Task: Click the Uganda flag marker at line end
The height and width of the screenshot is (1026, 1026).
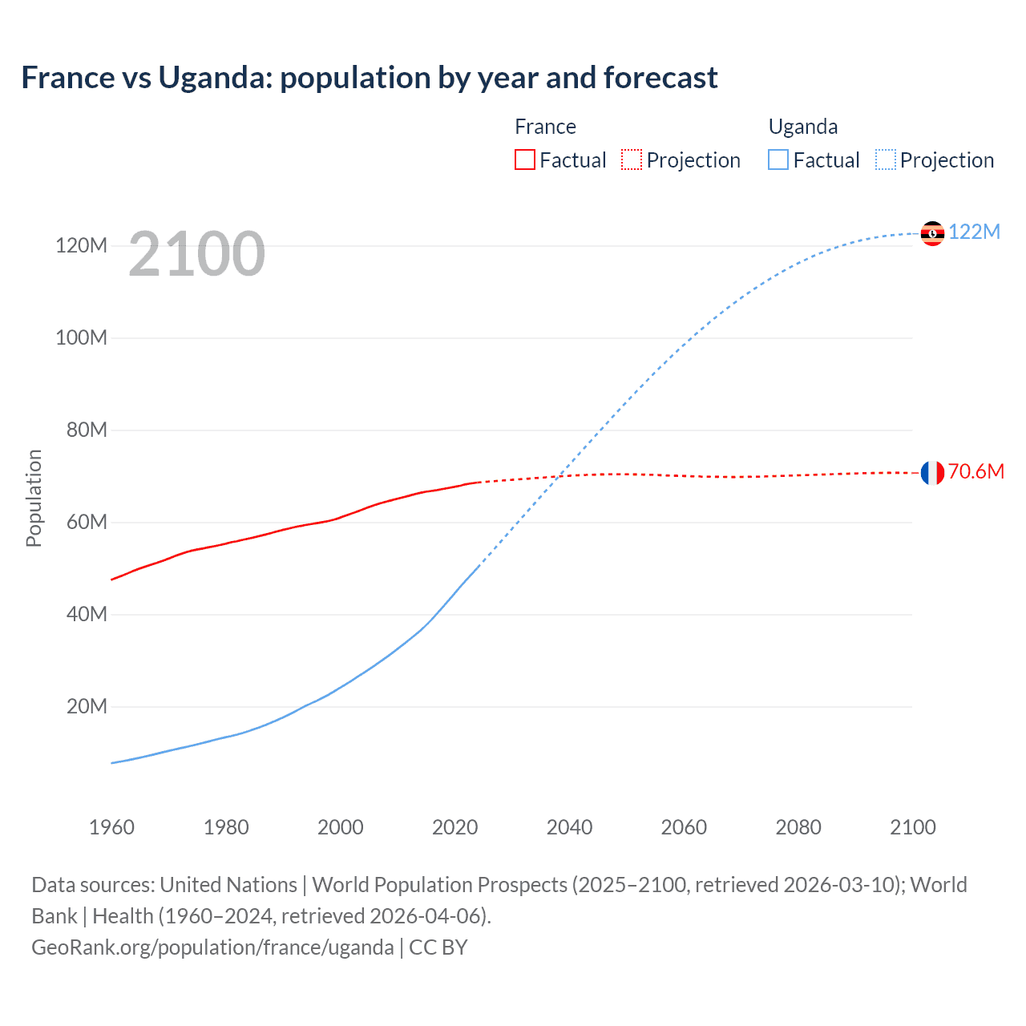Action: coord(932,233)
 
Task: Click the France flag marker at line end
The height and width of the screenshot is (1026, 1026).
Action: coord(932,473)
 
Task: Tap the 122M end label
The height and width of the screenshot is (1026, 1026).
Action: coord(974,232)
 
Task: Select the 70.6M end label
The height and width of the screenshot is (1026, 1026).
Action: coord(976,471)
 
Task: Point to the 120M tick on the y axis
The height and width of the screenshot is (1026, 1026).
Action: coord(81,245)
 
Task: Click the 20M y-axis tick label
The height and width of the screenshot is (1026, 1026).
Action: coord(86,706)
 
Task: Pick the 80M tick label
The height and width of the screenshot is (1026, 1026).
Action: coord(86,430)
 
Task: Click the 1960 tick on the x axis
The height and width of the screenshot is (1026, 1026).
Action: coord(111,827)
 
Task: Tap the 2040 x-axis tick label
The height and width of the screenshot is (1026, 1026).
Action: coord(569,827)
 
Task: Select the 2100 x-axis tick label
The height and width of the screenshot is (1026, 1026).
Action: coord(912,827)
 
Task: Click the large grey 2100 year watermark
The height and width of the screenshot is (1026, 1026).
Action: coord(196,254)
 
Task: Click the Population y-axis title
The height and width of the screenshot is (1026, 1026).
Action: coord(34,498)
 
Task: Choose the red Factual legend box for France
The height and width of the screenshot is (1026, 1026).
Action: coord(524,160)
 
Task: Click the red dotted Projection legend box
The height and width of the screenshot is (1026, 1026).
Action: coord(632,160)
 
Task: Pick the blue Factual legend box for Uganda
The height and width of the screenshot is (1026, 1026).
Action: coord(778,160)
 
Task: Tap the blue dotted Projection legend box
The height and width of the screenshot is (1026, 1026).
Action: coord(886,160)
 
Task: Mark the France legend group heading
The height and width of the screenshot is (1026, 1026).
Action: coord(545,127)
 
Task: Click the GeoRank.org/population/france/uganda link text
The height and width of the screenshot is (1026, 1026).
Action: coord(212,947)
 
